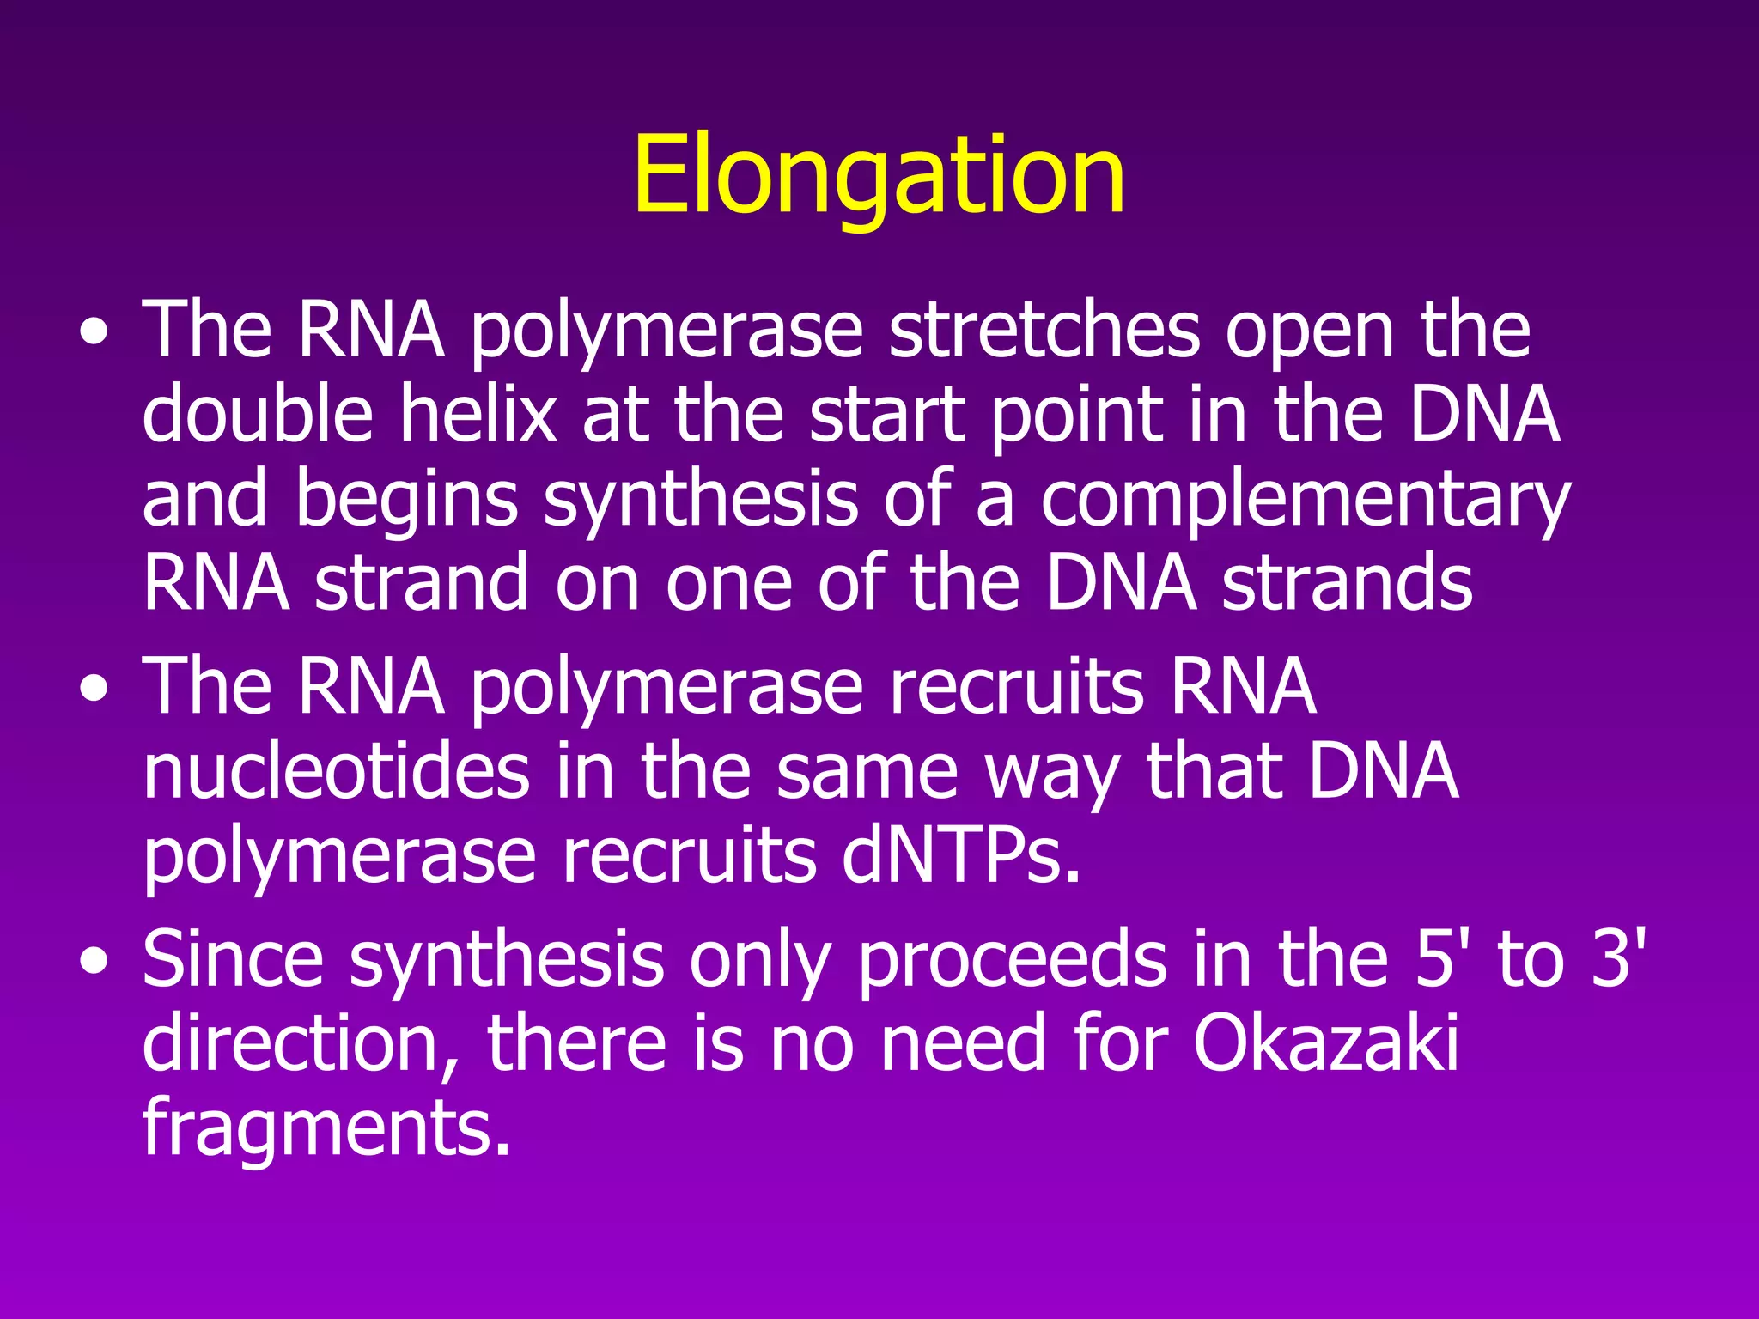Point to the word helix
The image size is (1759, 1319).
click(x=478, y=415)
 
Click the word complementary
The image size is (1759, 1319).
click(x=1306, y=502)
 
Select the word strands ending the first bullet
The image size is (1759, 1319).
click(x=1347, y=584)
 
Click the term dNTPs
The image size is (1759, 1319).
click(x=960, y=856)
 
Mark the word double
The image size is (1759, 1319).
click(x=257, y=415)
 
